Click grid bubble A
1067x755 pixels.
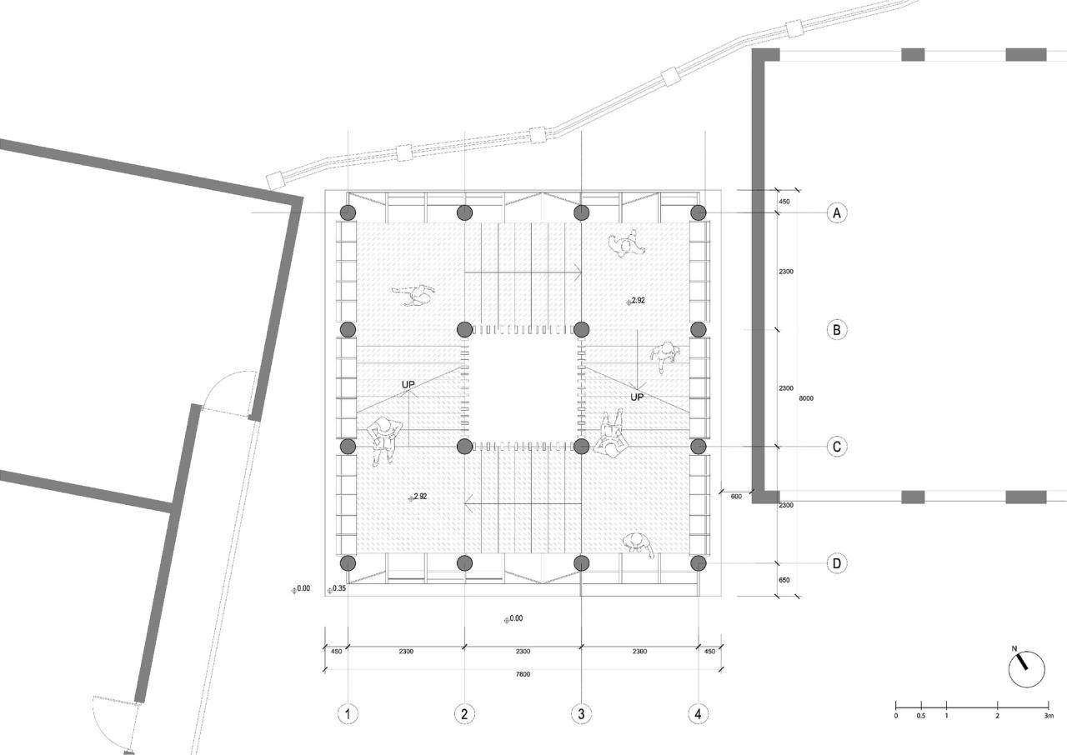[837, 212]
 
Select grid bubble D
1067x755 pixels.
[837, 563]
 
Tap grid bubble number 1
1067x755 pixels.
[348, 713]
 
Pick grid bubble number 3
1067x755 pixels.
[581, 713]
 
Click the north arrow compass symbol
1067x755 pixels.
[1026, 668]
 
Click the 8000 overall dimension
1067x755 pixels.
[806, 398]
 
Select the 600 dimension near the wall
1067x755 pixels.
[736, 497]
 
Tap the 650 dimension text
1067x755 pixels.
[785, 580]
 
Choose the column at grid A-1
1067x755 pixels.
[348, 212]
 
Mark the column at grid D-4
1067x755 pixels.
[699, 563]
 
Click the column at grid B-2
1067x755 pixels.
[465, 329]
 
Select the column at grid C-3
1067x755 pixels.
[582, 446]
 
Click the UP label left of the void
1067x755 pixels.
[408, 385]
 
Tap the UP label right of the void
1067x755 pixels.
[638, 397]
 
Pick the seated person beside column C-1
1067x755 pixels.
[384, 440]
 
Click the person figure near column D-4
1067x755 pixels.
[639, 544]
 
